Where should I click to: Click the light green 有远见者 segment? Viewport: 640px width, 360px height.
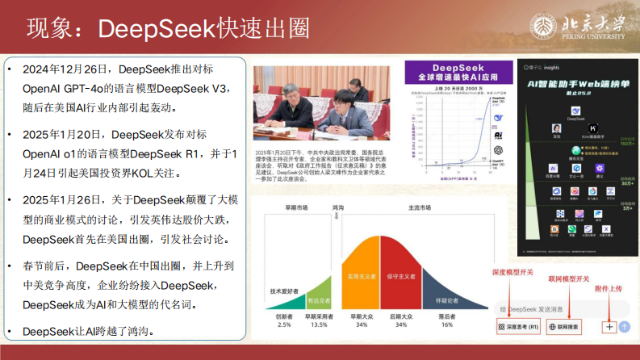(318, 299)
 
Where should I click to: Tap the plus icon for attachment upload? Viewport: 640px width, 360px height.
(609, 327)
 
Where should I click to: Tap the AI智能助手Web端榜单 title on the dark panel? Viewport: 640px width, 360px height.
(578, 84)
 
